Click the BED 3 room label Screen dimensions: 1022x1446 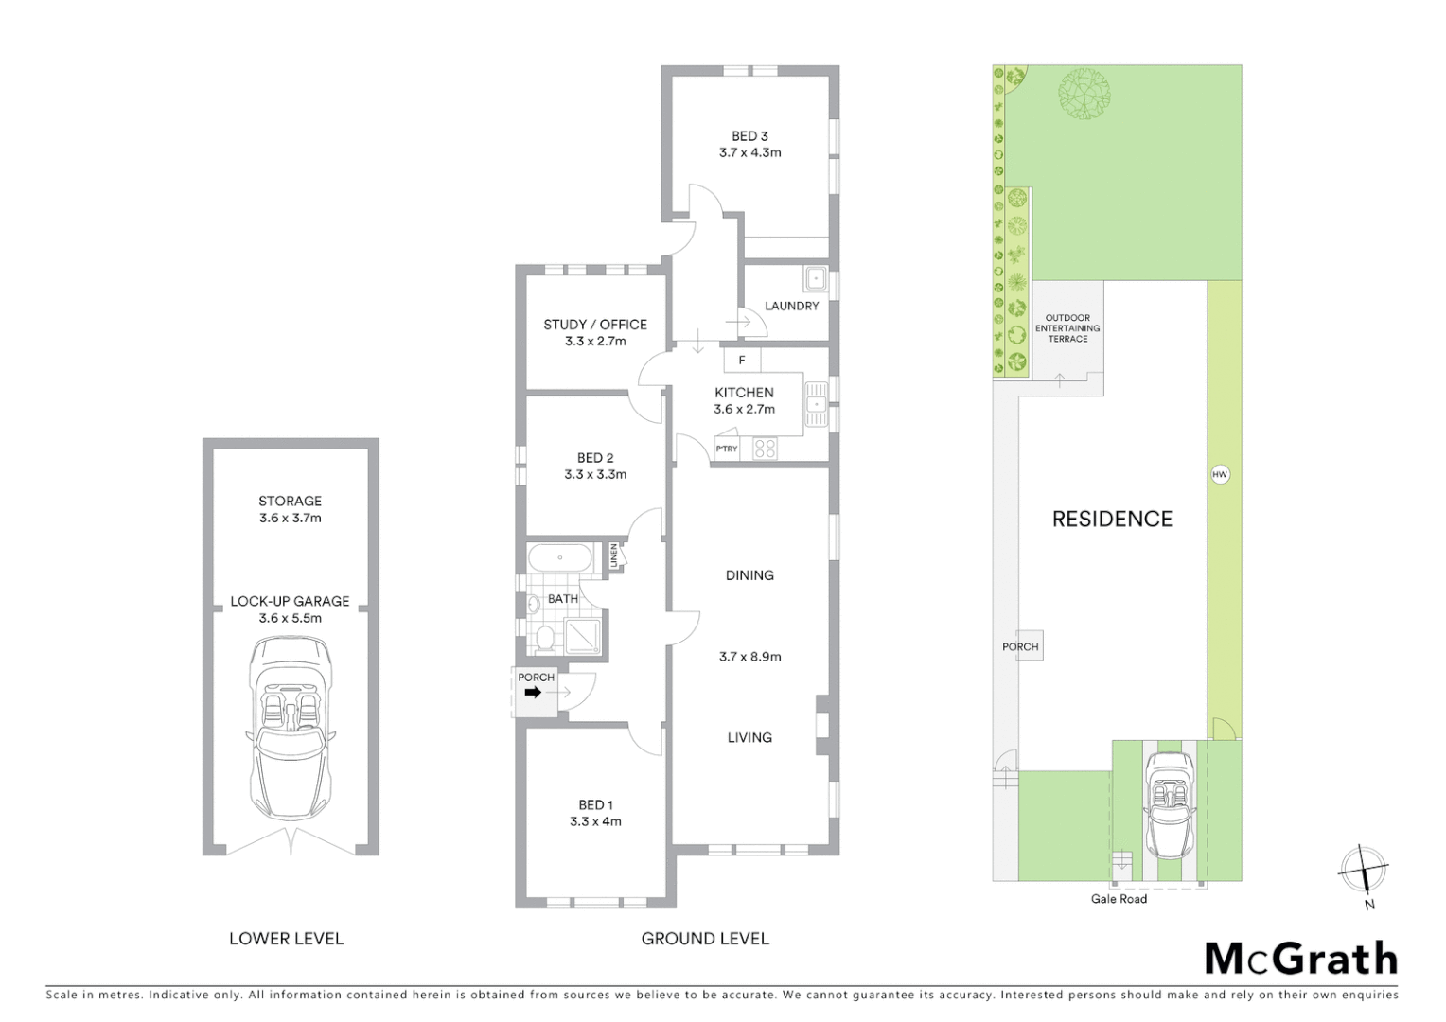[x=749, y=136]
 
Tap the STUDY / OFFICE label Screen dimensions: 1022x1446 [x=594, y=325]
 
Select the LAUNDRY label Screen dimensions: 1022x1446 [x=791, y=306]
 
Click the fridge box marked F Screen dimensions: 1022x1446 [x=742, y=361]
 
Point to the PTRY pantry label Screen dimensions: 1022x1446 [x=726, y=449]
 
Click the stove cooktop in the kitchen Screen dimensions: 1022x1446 [x=765, y=449]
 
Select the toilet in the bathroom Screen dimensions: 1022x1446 [x=544, y=639]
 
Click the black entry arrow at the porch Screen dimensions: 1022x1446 [x=533, y=693]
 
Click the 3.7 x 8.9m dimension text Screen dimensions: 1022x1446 [x=749, y=656]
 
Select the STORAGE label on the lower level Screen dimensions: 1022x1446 [x=290, y=501]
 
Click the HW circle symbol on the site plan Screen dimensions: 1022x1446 [x=1220, y=474]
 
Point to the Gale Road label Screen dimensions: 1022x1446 [x=1119, y=899]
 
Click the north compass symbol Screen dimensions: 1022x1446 [x=1364, y=869]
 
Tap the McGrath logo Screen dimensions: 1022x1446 [x=1300, y=959]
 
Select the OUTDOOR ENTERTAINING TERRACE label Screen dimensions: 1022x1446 [x=1067, y=328]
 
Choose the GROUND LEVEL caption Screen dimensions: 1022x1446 [x=705, y=939]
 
